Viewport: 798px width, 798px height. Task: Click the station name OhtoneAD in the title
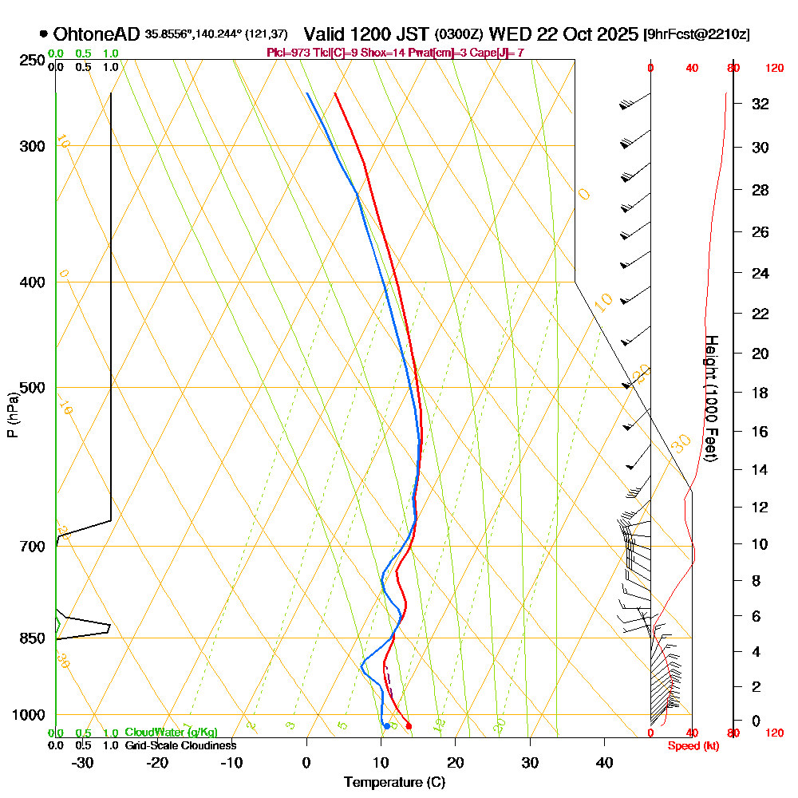tap(97, 34)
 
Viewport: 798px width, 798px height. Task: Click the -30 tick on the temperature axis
tap(82, 762)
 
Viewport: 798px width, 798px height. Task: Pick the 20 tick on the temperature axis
tap(456, 762)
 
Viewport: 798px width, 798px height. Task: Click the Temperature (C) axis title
tap(394, 783)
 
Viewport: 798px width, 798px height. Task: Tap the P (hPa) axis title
tap(12, 414)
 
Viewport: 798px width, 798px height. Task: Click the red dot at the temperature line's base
tap(409, 725)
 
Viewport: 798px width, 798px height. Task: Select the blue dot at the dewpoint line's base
tap(386, 725)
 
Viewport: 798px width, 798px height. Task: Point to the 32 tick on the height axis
tap(760, 104)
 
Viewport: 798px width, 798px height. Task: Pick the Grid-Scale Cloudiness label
tap(180, 745)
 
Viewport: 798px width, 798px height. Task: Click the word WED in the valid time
tap(505, 34)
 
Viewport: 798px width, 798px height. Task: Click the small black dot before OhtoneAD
tap(42, 34)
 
